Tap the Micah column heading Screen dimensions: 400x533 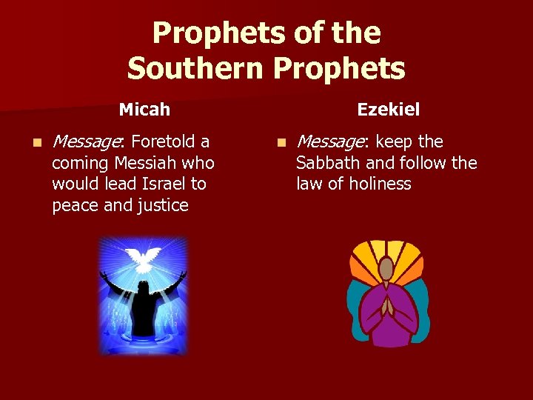click(144, 110)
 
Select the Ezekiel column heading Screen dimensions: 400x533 click(388, 110)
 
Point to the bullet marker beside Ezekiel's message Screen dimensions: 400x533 click(280, 141)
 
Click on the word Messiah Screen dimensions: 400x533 click(141, 162)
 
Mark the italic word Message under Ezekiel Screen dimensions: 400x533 click(332, 141)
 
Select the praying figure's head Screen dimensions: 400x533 click(386, 267)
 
